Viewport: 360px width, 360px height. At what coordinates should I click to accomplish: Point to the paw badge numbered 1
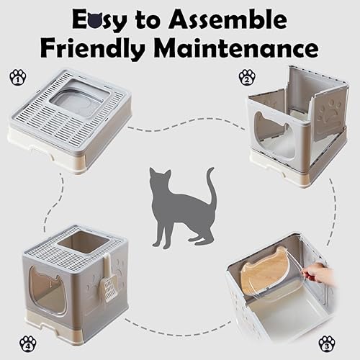(17, 76)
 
